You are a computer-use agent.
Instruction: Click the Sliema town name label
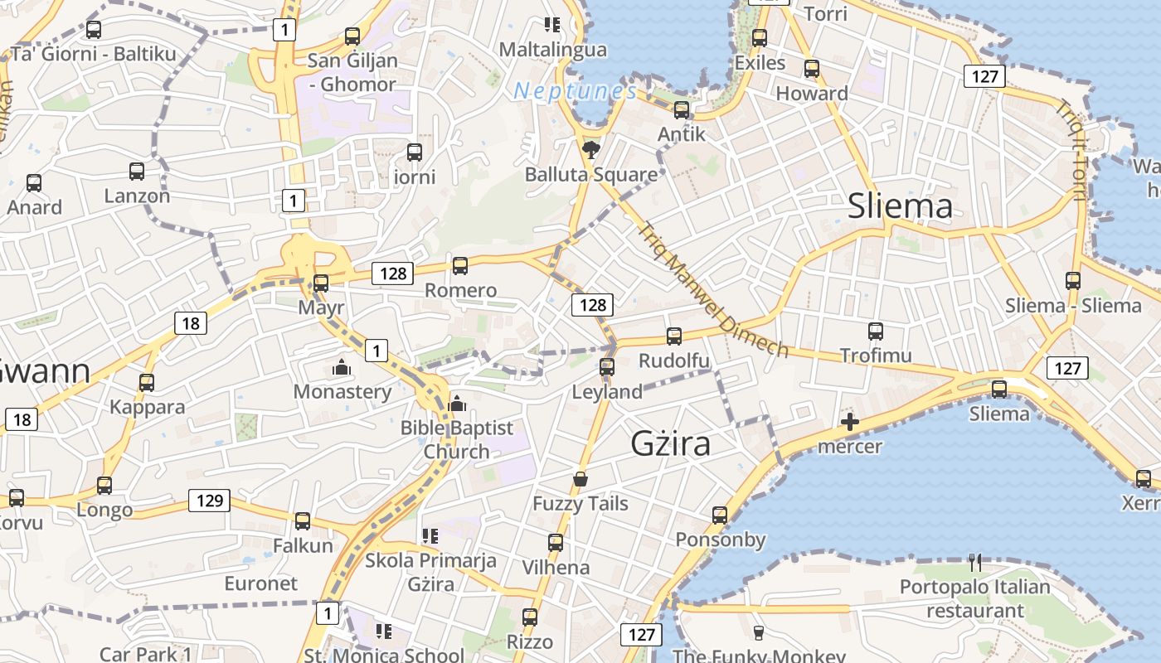[x=900, y=206]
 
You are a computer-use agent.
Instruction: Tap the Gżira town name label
[x=671, y=443]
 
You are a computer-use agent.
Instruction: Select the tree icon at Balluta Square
[x=590, y=150]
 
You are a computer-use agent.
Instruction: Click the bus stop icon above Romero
[x=460, y=266]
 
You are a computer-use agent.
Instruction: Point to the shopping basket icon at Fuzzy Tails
[x=580, y=479]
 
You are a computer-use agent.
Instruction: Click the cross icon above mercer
[x=850, y=422]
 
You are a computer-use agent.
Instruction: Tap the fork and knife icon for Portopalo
[x=975, y=564]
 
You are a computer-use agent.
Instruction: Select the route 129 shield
[x=209, y=501]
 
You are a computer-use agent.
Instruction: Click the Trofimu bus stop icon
[x=876, y=331]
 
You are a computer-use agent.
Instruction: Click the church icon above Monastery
[x=342, y=367]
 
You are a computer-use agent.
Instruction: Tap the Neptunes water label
[x=575, y=91]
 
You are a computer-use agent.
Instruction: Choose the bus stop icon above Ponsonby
[x=720, y=515]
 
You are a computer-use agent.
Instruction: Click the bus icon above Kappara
[x=147, y=383]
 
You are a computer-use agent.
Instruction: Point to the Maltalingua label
[x=552, y=50]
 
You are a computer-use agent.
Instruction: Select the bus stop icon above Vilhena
[x=556, y=544]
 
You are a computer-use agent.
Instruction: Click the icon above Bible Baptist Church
[x=457, y=404]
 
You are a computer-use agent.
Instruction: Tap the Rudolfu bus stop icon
[x=674, y=336]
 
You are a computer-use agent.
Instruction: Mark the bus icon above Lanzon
[x=137, y=172]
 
